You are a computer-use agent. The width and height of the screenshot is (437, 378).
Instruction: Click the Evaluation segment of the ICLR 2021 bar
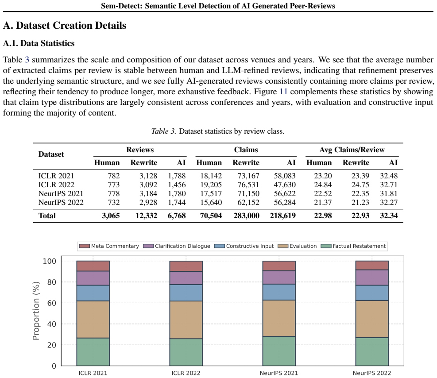click(x=93, y=320)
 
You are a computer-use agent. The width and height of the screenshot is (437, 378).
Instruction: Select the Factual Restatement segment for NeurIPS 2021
click(x=278, y=351)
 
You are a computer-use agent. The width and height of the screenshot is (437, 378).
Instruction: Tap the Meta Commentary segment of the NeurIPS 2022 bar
click(x=372, y=266)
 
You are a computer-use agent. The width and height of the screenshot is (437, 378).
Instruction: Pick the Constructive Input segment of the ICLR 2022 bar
click(x=186, y=293)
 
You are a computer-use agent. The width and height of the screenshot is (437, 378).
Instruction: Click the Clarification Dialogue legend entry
click(x=176, y=246)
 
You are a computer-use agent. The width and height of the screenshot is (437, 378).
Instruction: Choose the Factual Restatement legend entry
click(x=353, y=246)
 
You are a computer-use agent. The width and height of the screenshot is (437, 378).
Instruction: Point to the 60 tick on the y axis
click(x=51, y=303)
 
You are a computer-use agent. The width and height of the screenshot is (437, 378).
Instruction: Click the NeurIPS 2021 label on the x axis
click(x=278, y=373)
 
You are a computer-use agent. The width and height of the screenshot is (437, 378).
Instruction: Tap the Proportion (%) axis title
click(x=36, y=311)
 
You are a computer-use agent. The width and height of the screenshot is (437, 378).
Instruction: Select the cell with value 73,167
click(x=248, y=176)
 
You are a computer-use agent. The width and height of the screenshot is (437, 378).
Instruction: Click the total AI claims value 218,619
click(x=282, y=216)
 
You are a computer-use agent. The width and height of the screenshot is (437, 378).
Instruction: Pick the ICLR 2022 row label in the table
click(x=56, y=185)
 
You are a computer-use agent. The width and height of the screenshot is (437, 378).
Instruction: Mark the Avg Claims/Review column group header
click(x=352, y=150)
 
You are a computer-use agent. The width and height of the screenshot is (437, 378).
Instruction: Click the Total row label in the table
click(x=47, y=216)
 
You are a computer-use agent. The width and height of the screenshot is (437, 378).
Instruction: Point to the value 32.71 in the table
click(x=389, y=185)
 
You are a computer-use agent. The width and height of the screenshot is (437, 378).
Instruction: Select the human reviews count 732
click(x=114, y=202)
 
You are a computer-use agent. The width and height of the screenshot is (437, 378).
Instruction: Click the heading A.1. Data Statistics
click(x=39, y=43)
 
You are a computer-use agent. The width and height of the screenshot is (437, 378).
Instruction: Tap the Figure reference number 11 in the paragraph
click(x=283, y=92)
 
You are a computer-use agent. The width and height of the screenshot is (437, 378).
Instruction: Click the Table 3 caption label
click(x=163, y=131)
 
